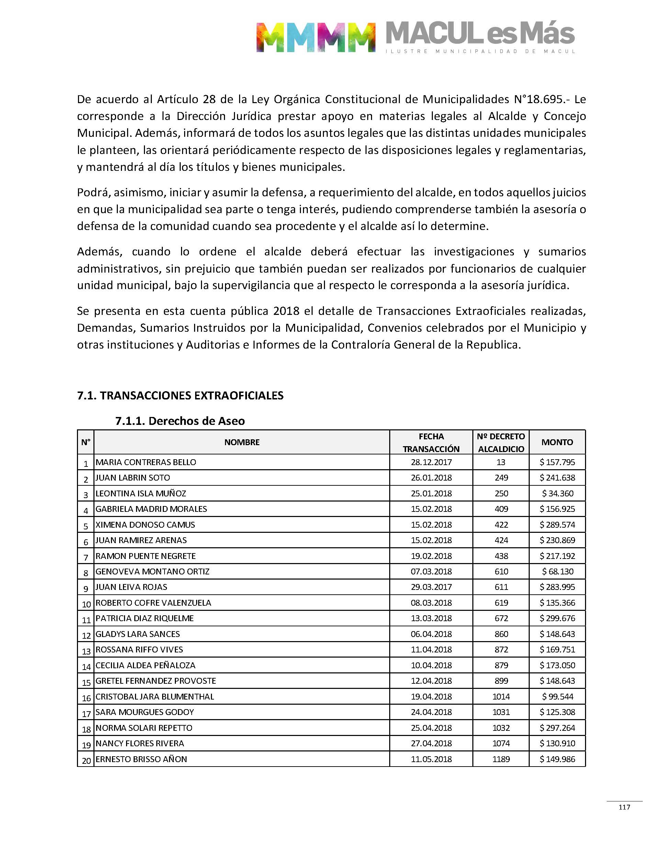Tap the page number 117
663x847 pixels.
624,807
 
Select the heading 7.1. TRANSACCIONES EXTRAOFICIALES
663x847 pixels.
180,395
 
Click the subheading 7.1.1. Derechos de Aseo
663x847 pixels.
180,421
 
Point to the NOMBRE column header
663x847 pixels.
241,442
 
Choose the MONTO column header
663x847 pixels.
557,442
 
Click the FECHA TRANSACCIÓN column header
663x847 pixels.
431,442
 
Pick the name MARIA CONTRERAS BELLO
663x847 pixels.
146,462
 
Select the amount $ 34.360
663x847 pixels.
558,494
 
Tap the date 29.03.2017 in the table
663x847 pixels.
431,587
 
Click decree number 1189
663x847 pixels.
501,759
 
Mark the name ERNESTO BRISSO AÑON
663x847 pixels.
141,759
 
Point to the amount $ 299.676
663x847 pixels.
558,618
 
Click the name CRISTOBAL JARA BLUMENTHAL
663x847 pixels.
155,697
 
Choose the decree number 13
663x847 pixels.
501,462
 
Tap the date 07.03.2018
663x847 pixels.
431,572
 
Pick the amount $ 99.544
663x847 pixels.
558,697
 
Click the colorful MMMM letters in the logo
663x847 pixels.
316,37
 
